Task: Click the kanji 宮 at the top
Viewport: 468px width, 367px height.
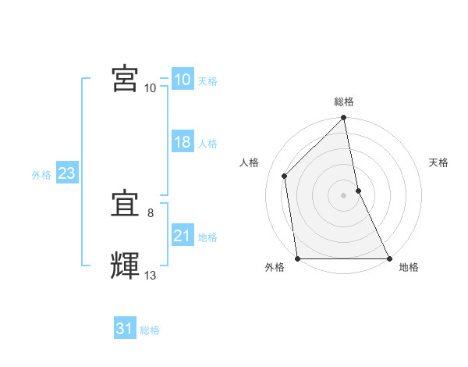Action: pos(126,78)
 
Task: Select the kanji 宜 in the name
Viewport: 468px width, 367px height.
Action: pos(126,205)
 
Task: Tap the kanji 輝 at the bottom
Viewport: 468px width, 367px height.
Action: pos(126,266)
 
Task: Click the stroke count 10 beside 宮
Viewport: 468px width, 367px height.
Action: pos(151,87)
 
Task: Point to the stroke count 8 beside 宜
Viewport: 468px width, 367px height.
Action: pos(151,212)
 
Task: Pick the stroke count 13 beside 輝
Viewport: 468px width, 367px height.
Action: pos(151,275)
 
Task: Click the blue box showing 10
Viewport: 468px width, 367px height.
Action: pos(182,80)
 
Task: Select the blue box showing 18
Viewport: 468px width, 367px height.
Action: pos(182,142)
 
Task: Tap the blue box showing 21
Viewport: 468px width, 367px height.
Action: pos(182,236)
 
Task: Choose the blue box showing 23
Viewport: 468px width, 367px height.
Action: pos(66,173)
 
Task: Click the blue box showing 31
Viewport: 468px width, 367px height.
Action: pos(124,329)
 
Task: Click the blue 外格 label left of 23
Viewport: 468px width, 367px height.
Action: pos(41,175)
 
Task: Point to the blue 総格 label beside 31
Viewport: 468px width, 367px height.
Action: pos(150,330)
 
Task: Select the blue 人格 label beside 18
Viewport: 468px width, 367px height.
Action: pos(208,144)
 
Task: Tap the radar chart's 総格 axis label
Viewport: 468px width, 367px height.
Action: pos(344,102)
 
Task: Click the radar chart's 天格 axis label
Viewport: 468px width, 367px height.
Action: pos(438,162)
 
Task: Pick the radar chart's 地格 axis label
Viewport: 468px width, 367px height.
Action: pos(409,268)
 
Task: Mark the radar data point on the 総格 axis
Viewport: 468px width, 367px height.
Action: pos(344,119)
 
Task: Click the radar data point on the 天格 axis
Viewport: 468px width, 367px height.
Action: pos(358,191)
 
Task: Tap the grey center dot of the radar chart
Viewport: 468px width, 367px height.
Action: pos(344,195)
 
